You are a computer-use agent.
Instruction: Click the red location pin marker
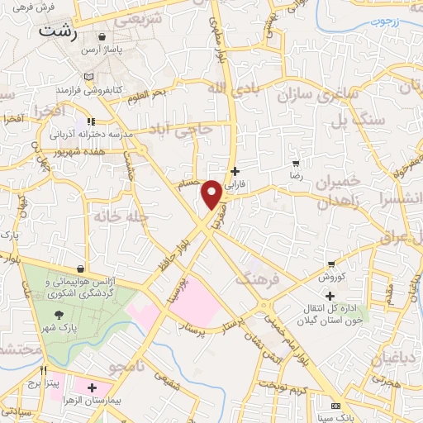pos(212,193)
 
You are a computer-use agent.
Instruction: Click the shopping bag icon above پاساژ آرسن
pos(102,37)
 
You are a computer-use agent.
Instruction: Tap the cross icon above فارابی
pos(235,170)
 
